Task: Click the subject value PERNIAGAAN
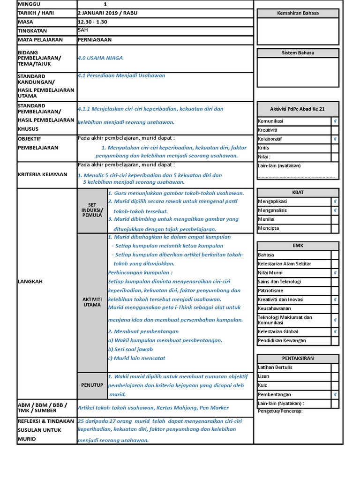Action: [95, 40]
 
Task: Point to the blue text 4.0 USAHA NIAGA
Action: [100, 58]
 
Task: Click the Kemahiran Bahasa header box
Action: [298, 13]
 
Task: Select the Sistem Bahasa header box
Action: [298, 53]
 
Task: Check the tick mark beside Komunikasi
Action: [335, 121]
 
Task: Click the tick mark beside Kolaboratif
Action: [335, 139]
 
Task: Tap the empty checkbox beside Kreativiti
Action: [335, 130]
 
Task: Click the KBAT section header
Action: [298, 193]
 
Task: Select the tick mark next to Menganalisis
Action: [335, 210]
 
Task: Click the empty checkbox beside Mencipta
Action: [335, 229]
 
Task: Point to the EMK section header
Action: [298, 246]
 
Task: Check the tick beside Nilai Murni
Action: [335, 273]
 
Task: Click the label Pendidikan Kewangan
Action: [282, 340]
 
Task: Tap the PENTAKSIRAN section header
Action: [298, 358]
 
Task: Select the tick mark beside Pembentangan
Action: [335, 395]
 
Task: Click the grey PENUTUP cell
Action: [92, 385]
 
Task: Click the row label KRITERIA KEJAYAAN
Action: [42, 174]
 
